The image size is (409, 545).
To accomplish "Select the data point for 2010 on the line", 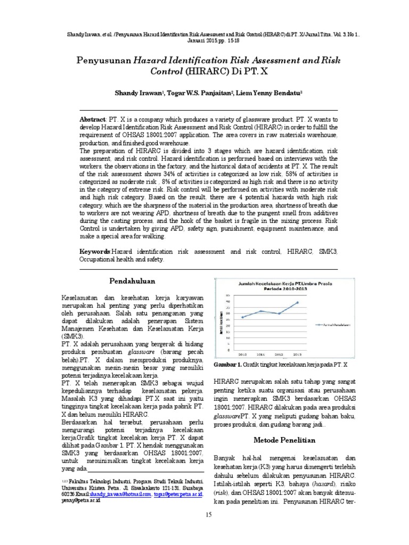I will click(243, 317).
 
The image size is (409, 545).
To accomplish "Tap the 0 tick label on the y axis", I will click(230, 350).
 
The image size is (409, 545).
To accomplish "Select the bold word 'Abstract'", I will click(93, 121).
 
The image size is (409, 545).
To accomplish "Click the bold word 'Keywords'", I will click(95, 250).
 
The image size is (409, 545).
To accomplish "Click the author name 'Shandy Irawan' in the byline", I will click(138, 93).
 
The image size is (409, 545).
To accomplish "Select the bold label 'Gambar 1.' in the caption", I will click(227, 365).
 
